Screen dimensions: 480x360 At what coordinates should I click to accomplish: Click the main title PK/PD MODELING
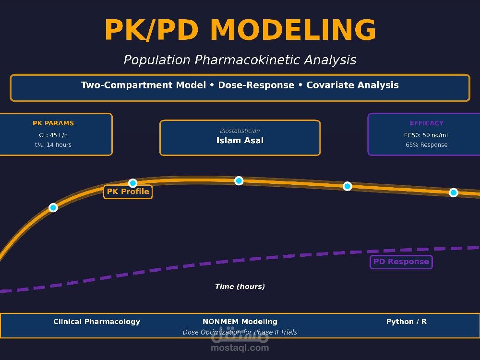click(x=240, y=30)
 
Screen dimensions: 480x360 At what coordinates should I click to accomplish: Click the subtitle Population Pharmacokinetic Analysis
click(x=240, y=60)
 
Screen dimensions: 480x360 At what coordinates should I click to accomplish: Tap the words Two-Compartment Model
click(x=143, y=85)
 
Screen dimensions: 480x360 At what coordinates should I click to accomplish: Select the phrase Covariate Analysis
click(x=352, y=85)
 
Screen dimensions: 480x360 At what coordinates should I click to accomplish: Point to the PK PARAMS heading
click(x=53, y=123)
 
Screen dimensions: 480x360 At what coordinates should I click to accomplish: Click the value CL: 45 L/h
click(x=53, y=135)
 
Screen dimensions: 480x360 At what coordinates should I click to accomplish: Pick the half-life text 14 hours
click(x=59, y=145)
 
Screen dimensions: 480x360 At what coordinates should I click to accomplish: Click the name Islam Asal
click(x=240, y=140)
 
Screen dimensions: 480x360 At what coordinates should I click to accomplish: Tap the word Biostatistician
click(x=240, y=131)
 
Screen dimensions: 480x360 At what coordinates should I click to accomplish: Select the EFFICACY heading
click(x=427, y=123)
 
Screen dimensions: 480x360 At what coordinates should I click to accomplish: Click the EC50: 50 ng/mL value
click(x=427, y=135)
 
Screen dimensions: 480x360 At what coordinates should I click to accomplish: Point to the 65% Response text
click(x=427, y=145)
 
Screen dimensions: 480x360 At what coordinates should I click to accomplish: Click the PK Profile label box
click(x=128, y=192)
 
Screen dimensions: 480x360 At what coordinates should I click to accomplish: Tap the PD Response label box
click(x=401, y=262)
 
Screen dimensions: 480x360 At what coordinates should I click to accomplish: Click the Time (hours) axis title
click(x=240, y=286)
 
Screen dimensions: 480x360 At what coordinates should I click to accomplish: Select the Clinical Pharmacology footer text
click(x=97, y=322)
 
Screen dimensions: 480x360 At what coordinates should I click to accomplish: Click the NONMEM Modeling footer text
click(x=240, y=322)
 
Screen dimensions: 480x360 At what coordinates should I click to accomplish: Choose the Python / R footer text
click(x=407, y=322)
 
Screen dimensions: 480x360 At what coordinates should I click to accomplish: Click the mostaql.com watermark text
click(x=240, y=348)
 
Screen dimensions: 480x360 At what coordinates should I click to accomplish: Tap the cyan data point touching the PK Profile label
click(x=132, y=183)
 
